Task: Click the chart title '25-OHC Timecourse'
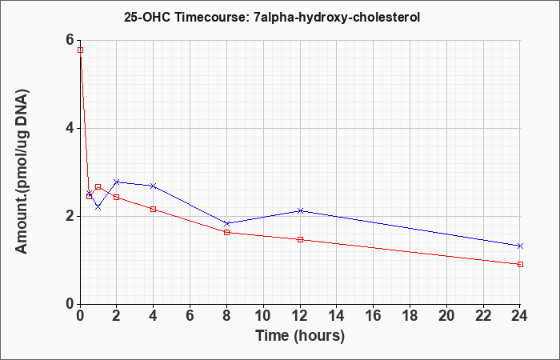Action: coord(186,17)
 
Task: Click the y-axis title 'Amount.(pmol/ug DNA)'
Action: coord(22,171)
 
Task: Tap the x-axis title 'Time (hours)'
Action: coord(300,336)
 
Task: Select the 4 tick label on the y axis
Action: coord(70,128)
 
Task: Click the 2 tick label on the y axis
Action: coord(70,216)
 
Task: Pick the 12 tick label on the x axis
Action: coord(300,316)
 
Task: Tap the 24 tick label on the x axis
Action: coord(520,316)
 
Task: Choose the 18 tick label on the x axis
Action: coord(410,316)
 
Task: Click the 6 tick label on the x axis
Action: coord(190,316)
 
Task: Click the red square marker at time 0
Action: coord(80,50)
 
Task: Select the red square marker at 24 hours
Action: coord(520,264)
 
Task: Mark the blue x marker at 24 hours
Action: coord(520,246)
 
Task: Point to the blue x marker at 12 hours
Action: coord(300,210)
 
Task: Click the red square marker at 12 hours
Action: coord(300,239)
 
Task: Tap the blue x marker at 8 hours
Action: coord(226,223)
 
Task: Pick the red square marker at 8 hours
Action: coord(226,233)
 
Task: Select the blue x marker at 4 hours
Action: coord(154,186)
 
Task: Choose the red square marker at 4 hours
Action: coord(154,210)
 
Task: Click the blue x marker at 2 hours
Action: coord(117,182)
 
